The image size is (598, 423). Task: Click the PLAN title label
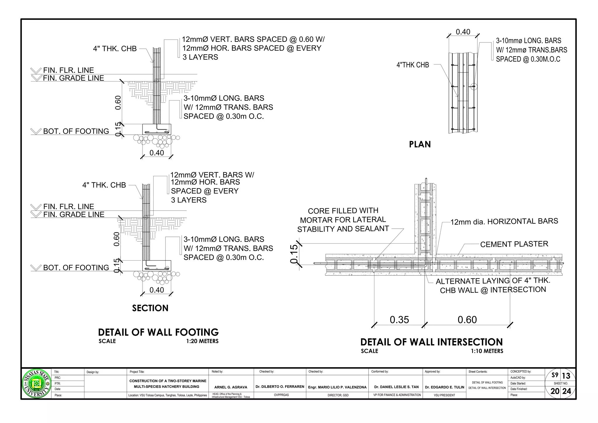pos(420,144)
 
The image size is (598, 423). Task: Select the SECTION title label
pos(150,308)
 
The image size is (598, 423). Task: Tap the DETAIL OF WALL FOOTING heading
pos(158,332)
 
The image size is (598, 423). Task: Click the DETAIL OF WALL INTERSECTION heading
pos(431,342)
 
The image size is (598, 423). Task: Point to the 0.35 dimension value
pos(399,320)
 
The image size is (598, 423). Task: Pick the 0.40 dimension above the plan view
pos(463,32)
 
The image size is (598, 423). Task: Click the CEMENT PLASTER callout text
pos(514,244)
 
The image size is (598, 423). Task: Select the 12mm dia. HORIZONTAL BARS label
pos(504,221)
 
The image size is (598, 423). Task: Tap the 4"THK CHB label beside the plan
pos(413,65)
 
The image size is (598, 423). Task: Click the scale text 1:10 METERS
pos(487,351)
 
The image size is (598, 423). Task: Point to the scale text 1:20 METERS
pos(202,341)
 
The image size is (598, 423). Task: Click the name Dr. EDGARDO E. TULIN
pos(444,387)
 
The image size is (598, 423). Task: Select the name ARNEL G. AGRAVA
pos(231,387)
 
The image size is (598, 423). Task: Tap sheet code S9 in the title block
pos(555,375)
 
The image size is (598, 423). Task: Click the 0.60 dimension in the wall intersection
pos(467,320)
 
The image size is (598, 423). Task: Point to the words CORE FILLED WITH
pos(343,211)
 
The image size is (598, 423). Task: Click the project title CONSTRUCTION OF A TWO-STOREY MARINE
pos(168,381)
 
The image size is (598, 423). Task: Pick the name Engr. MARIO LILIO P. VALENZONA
pos(337,387)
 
